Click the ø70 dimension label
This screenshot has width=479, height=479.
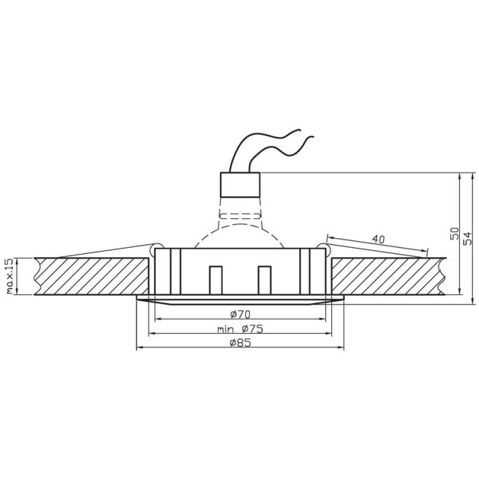[x=240, y=314]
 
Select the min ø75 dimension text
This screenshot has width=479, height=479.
[x=240, y=329]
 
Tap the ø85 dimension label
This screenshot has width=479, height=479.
[x=240, y=343]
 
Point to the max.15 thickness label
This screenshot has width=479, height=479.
[x=10, y=276]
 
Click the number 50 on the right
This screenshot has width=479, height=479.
[x=454, y=234]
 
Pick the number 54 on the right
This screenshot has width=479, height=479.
[x=467, y=239]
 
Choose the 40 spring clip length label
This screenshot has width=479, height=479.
[x=378, y=239]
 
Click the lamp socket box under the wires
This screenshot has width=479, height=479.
[x=240, y=185]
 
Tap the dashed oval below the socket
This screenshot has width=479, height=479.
[x=240, y=216]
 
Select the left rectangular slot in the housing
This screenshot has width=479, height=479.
[x=216, y=281]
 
